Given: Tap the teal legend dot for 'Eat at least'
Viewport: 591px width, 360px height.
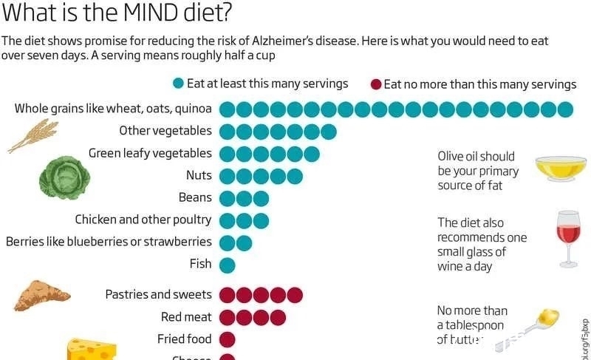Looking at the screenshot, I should tap(177, 84).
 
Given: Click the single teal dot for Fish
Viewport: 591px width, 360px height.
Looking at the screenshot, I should tap(227, 265).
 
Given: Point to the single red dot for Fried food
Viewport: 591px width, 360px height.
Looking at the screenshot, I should tap(227, 340).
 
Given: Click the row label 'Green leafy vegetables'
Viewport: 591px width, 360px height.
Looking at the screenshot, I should tap(150, 153).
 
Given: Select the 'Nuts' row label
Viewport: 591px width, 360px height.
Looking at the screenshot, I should tap(199, 175).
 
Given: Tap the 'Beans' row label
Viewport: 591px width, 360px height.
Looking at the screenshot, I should tap(195, 197).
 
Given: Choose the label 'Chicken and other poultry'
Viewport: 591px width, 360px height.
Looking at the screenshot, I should tap(143, 220).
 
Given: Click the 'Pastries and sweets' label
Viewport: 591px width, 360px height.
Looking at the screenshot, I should tap(158, 294).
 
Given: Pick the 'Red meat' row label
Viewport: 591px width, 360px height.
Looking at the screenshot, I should tap(186, 317).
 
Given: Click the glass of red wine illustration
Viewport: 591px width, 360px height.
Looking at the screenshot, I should tap(568, 238).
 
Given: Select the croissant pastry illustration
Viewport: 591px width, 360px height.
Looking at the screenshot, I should tap(41, 296).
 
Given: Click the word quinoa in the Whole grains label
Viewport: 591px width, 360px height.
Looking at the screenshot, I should tap(193, 109).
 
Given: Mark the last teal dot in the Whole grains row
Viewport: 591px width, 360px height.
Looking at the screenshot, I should tap(566, 109).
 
